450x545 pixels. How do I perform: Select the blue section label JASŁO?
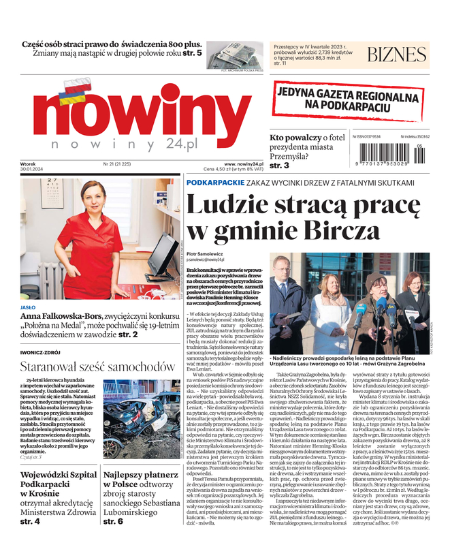point(29,307)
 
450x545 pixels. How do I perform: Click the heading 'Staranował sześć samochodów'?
point(93,367)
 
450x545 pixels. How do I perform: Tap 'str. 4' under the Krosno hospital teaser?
point(30,521)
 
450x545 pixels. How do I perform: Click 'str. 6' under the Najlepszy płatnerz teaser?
point(113,521)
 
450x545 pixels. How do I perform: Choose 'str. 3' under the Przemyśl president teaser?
point(279,166)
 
